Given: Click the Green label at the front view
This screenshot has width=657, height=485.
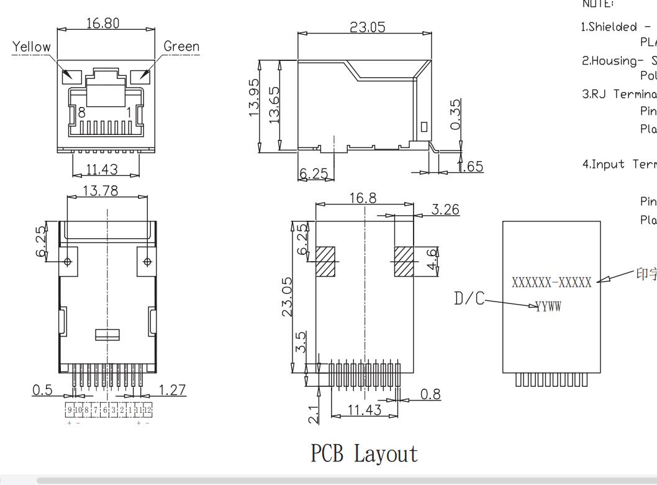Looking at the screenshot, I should pyautogui.click(x=181, y=47).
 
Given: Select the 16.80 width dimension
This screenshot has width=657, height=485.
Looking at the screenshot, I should pyautogui.click(x=102, y=23).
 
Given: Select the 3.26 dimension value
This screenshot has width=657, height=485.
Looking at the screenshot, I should pyautogui.click(x=445, y=210).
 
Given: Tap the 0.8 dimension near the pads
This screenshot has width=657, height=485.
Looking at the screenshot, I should pyautogui.click(x=430, y=394).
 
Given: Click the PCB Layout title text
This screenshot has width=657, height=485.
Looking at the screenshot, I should pyautogui.click(x=364, y=454).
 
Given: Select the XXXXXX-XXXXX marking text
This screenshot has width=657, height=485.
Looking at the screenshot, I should pyautogui.click(x=551, y=282).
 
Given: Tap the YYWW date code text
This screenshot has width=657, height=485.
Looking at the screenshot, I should pyautogui.click(x=548, y=306).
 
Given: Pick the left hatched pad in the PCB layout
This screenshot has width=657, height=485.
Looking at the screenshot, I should pyautogui.click(x=325, y=261).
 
